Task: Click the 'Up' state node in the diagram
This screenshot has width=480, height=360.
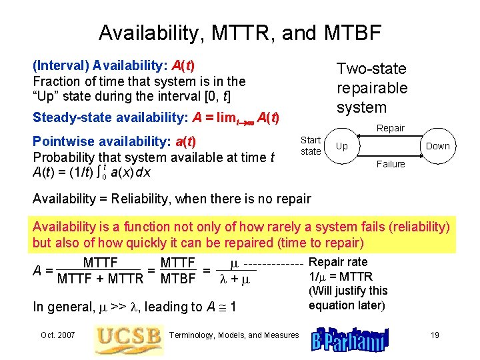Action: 341,146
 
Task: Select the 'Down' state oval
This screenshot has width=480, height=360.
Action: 437,146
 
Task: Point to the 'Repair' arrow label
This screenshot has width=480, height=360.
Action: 390,128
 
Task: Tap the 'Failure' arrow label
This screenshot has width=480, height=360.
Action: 390,163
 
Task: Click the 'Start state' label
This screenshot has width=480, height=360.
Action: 311,145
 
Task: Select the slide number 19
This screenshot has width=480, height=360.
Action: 435,335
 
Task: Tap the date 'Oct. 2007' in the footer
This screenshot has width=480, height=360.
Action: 57,335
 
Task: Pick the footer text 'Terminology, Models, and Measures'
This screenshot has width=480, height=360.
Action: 235,335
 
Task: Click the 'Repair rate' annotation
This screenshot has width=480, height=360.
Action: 338,263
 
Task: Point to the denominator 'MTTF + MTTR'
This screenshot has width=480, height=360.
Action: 101,279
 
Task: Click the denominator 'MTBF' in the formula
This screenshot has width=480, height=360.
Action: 178,279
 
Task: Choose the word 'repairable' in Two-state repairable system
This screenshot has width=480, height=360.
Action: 371,88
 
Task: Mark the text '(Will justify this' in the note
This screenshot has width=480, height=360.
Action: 347,291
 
